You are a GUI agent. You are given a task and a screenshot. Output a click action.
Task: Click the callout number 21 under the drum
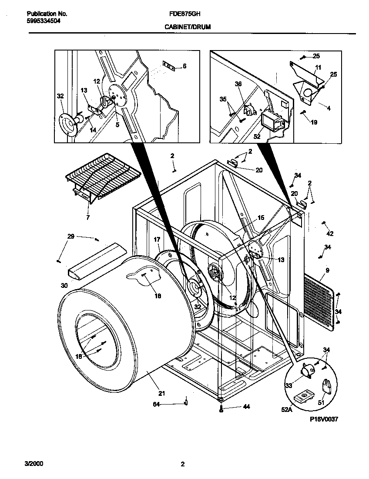click(x=162, y=394)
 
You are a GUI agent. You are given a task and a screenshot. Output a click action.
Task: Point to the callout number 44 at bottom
click(x=246, y=408)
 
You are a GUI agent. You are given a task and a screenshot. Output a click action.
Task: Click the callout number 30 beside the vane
click(x=64, y=286)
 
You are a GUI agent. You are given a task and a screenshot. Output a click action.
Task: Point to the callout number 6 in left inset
click(x=184, y=66)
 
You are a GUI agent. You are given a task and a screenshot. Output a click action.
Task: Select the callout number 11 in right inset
click(x=318, y=67)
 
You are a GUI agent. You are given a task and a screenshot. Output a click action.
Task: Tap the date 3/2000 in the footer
click(x=34, y=464)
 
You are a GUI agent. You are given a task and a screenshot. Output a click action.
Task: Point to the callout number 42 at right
click(x=330, y=234)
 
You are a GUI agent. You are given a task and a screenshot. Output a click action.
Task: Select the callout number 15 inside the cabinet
click(x=261, y=217)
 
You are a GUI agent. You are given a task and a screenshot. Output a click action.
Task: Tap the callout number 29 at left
click(x=70, y=236)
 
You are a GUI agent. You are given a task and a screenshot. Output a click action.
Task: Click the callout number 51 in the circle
click(x=321, y=403)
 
